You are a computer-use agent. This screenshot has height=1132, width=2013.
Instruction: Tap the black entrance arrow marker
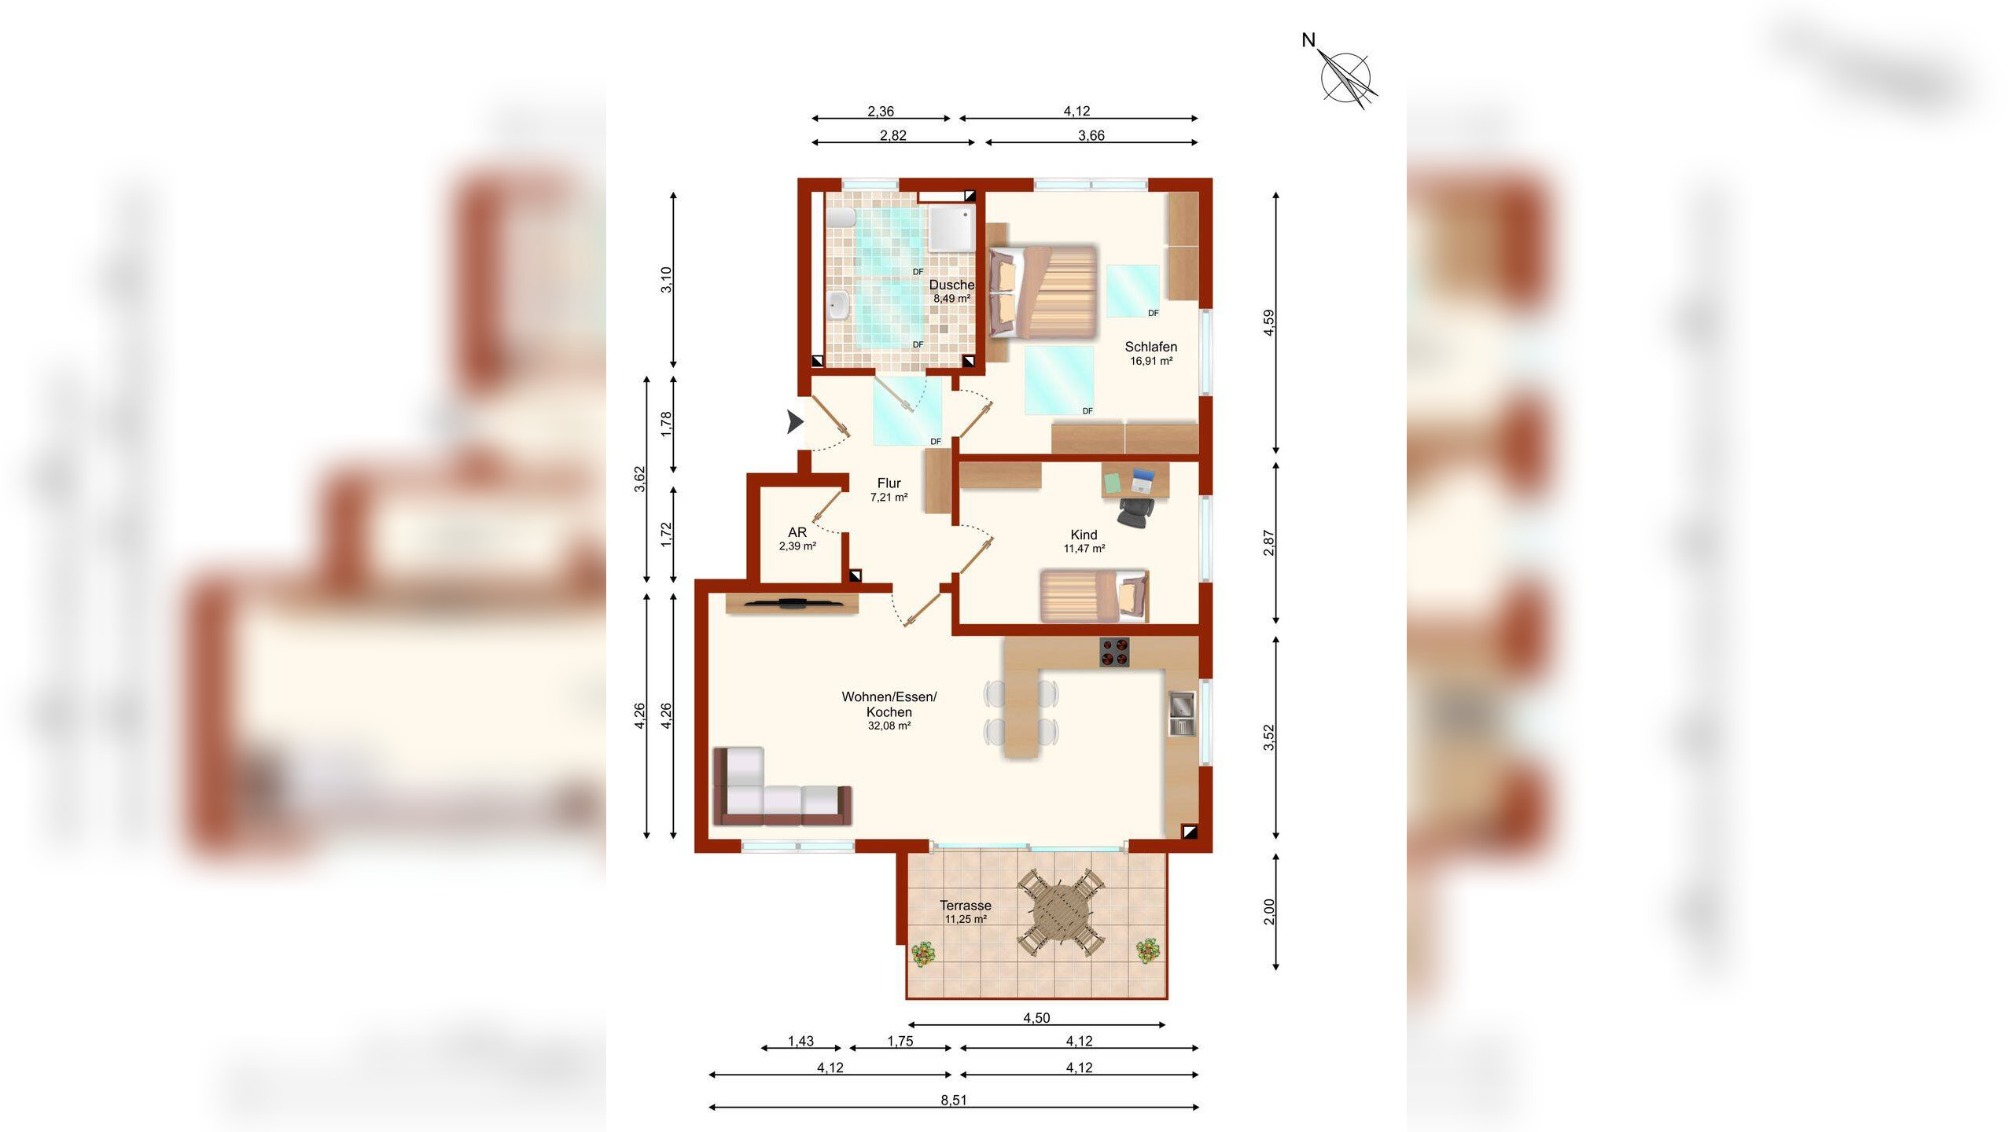pyautogui.click(x=796, y=423)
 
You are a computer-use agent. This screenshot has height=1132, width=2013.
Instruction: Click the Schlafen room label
pyautogui.click(x=1150, y=347)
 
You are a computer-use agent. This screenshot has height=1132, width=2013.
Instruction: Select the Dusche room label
pyautogui.click(x=951, y=285)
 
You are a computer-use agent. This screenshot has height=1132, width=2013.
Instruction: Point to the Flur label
pyautogui.click(x=889, y=483)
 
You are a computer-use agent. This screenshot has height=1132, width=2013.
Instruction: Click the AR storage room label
pyautogui.click(x=797, y=532)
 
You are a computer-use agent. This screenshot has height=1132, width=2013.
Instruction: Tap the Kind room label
pyautogui.click(x=1084, y=535)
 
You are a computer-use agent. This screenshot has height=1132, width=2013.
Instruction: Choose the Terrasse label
pyautogui.click(x=965, y=906)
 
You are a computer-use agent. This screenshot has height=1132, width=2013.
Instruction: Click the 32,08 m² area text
pyautogui.click(x=889, y=726)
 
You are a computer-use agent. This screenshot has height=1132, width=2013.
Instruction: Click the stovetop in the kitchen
pyautogui.click(x=1114, y=652)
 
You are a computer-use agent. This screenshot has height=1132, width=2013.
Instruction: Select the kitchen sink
pyautogui.click(x=1181, y=713)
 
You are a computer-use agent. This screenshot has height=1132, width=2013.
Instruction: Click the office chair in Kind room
pyautogui.click(x=1135, y=512)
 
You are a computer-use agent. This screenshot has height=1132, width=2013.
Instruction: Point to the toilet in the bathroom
pyautogui.click(x=840, y=218)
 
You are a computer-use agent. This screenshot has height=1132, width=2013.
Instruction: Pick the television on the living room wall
pyautogui.click(x=792, y=604)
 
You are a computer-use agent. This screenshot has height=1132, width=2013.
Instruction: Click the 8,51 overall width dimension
pyautogui.click(x=954, y=1101)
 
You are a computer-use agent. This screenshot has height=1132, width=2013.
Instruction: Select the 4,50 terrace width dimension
pyautogui.click(x=1036, y=1018)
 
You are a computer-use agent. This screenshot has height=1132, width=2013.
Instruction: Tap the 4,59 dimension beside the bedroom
pyautogui.click(x=1268, y=323)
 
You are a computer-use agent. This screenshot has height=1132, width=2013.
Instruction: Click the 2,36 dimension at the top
pyautogui.click(x=881, y=112)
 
